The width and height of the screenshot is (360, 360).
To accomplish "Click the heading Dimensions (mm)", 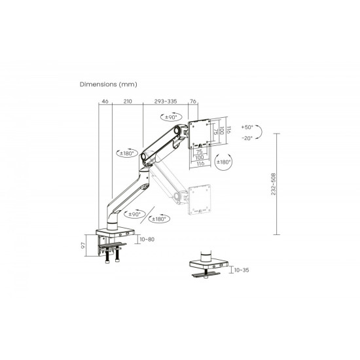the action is click(x=109, y=84).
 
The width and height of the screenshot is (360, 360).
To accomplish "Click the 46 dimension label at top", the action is click(x=105, y=101).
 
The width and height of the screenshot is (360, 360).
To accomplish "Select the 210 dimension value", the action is click(x=128, y=101).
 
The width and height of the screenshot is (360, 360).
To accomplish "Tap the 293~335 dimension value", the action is click(x=166, y=101).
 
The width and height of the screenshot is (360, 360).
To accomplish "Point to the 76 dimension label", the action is click(x=193, y=101).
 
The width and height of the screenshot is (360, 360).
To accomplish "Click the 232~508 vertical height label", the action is click(x=273, y=184).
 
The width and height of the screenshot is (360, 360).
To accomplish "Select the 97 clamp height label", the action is click(x=83, y=245).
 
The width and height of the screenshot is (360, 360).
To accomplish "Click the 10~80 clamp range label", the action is click(x=147, y=239).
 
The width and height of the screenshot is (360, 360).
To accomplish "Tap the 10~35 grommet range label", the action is click(x=242, y=270).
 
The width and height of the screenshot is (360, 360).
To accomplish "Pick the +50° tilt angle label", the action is click(x=247, y=127).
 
